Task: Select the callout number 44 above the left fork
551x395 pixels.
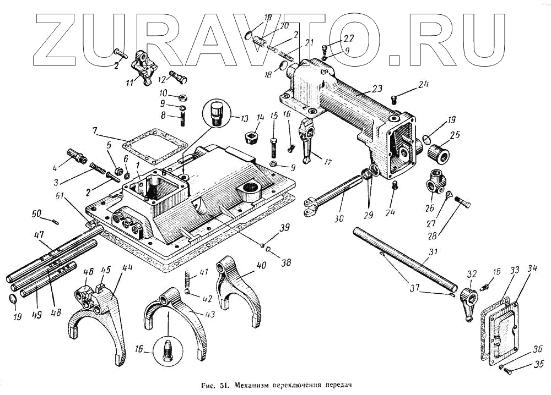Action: coord(128,267)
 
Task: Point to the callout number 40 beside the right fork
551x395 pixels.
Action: coord(261,265)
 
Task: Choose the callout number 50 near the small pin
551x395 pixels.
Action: coord(36,213)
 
